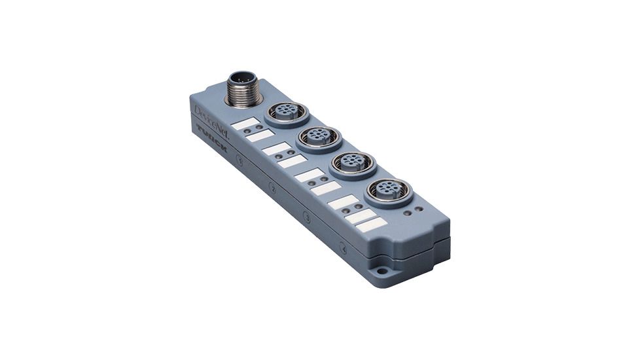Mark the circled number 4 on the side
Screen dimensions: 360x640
344,247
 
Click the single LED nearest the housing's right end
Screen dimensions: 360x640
419,209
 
